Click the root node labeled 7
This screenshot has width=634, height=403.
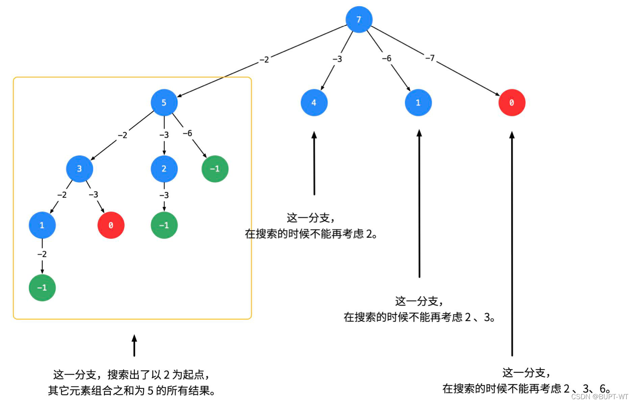click(358, 19)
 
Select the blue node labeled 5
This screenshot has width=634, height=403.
click(164, 102)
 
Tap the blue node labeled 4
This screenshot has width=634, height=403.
click(314, 102)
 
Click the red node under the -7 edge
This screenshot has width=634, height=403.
click(511, 102)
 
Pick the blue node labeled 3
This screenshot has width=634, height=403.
click(80, 169)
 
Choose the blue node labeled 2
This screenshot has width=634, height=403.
click(164, 169)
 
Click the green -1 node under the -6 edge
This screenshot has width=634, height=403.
click(215, 169)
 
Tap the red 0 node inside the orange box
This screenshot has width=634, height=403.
click(111, 225)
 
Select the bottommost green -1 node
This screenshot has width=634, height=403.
click(42, 288)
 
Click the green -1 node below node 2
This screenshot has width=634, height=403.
click(164, 225)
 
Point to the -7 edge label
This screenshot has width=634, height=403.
click(430, 58)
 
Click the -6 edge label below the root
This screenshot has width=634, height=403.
click(386, 58)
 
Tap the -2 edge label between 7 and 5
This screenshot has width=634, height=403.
click(264, 59)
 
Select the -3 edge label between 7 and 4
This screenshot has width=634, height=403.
click(337, 59)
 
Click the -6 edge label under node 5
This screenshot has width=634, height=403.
click(187, 133)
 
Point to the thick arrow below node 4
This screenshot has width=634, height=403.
click(314, 164)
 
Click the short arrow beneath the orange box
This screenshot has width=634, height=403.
click(134, 346)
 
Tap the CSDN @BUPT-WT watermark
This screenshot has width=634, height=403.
click(599, 397)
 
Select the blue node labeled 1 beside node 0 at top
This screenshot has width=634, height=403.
click(418, 102)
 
